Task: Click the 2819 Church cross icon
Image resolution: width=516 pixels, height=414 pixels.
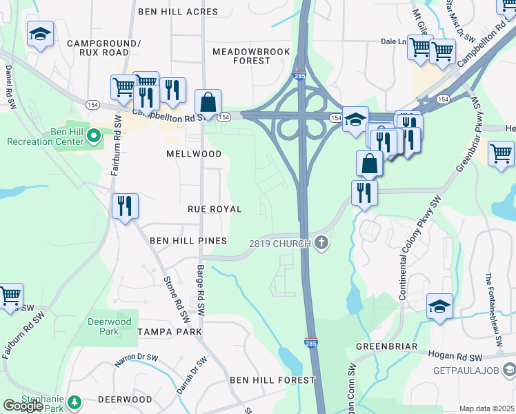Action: [x=321, y=242]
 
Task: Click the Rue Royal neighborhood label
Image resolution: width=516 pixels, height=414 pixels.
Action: [x=215, y=209]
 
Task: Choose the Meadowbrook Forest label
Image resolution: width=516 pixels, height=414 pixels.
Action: [x=241, y=56]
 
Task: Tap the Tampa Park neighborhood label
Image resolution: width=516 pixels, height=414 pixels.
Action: [x=170, y=332]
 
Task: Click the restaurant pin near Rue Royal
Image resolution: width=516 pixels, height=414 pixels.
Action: [x=125, y=206]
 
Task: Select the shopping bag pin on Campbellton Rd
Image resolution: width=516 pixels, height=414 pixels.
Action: [x=208, y=103]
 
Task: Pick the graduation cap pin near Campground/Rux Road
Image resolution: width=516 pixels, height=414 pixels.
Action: [x=41, y=34]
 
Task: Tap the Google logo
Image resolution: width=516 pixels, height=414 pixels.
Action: [x=23, y=406]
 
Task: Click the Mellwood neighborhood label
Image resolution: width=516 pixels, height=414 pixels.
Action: [x=194, y=155]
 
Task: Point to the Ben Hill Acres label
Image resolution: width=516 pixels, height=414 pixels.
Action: [x=178, y=12]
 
